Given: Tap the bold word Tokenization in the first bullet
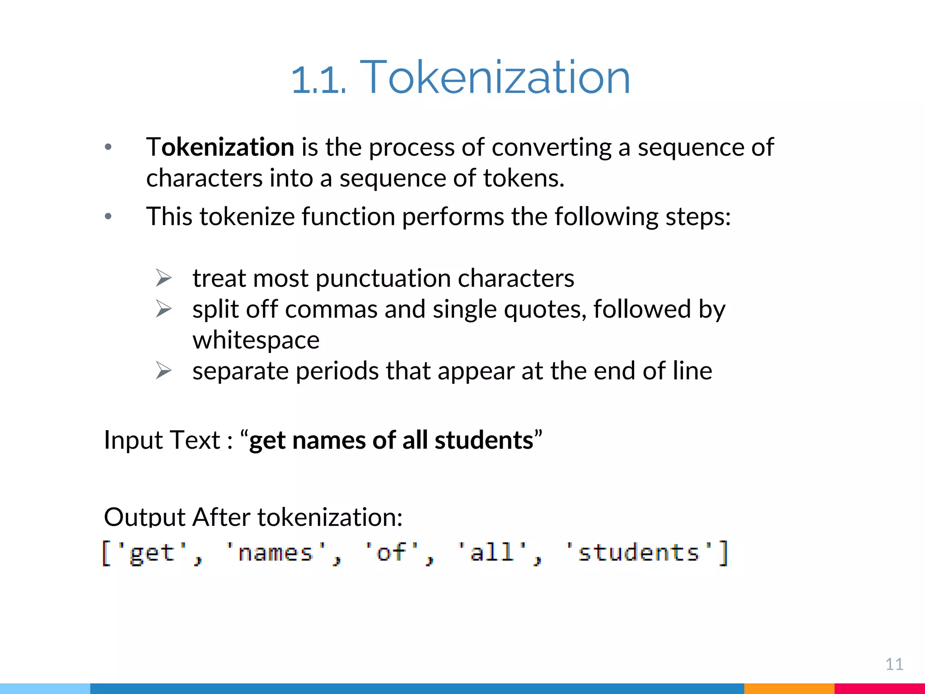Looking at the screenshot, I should [220, 147].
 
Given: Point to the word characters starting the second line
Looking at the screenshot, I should [204, 178].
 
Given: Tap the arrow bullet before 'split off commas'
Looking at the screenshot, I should [164, 309].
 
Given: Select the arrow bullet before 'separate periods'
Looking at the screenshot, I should [164, 370].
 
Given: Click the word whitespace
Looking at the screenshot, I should [256, 340].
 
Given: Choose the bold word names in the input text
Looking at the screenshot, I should [329, 440].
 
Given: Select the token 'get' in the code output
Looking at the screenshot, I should [152, 553].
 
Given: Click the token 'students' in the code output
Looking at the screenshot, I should [638, 553].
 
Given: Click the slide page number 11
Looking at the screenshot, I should [894, 664].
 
